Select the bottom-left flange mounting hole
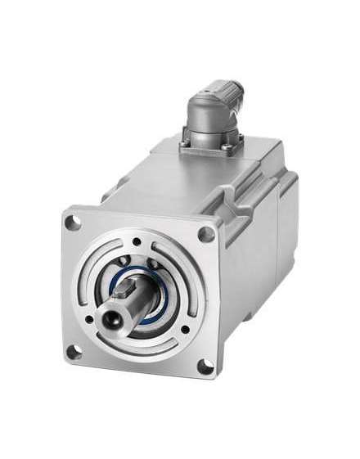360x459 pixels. click(74, 353)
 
